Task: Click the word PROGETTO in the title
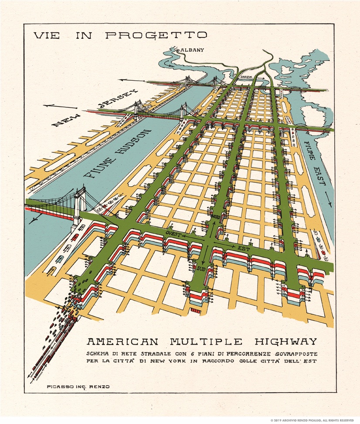point(156,35)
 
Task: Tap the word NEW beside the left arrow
point(66,118)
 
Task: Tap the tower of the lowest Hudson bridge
point(78,207)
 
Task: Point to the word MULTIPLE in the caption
point(203,341)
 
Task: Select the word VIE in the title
point(46,35)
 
